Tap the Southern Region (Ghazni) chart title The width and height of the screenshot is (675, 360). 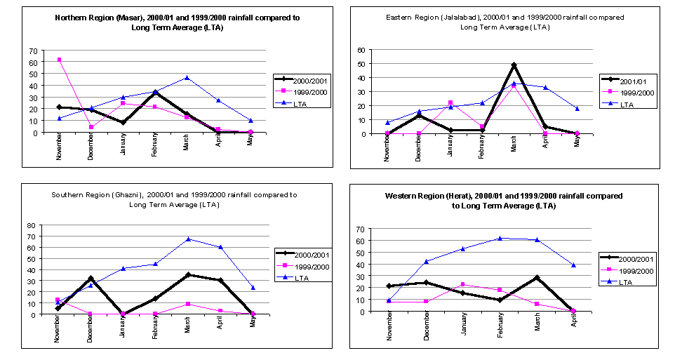tap(175, 199)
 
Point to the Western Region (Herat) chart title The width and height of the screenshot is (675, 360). tap(504, 200)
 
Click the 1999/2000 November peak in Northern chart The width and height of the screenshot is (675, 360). tap(59, 60)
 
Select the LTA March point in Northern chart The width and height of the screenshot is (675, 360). tap(187, 77)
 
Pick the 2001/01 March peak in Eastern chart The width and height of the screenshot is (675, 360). tap(514, 65)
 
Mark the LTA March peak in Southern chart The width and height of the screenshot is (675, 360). tap(188, 239)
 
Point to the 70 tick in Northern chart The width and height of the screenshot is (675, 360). tap(33, 51)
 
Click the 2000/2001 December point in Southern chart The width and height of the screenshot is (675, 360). tap(91, 279)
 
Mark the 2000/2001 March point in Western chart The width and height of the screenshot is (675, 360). tap(537, 278)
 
